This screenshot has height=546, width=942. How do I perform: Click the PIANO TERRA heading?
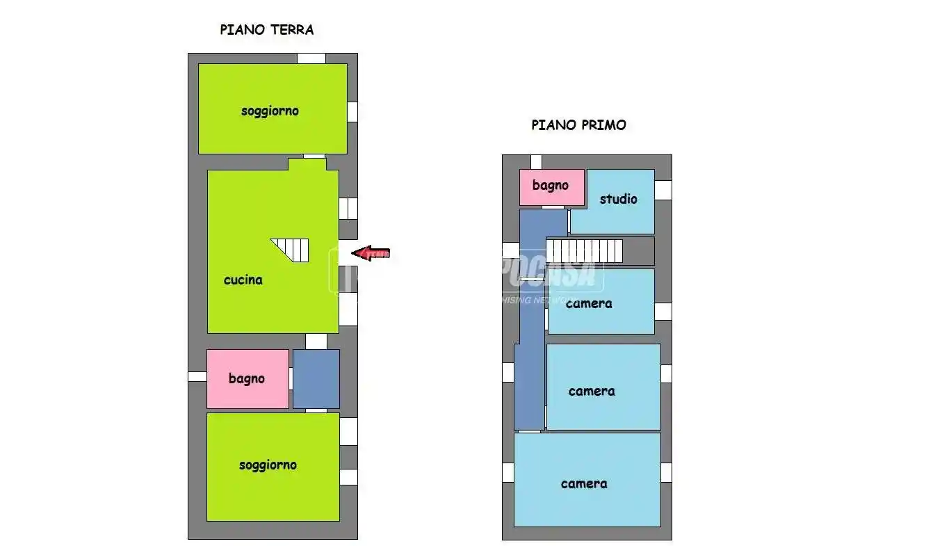(267, 30)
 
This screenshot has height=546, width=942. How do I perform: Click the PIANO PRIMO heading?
(578, 125)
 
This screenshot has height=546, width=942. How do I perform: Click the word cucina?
(243, 280)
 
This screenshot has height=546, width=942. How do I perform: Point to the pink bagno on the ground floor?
(247, 378)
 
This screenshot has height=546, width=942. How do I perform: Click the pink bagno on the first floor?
(551, 186)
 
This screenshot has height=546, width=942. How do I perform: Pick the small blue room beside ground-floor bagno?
(316, 378)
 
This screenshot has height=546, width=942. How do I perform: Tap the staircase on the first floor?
(585, 251)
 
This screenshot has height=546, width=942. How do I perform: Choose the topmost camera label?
(589, 303)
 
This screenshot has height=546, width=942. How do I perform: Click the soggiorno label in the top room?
(270, 111)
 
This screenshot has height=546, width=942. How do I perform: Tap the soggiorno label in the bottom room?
(268, 465)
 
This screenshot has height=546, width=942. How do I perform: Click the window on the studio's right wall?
(663, 190)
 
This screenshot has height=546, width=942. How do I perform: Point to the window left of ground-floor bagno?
(197, 376)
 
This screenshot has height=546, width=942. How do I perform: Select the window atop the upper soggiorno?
(311, 58)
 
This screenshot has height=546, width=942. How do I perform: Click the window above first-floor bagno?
(536, 161)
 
